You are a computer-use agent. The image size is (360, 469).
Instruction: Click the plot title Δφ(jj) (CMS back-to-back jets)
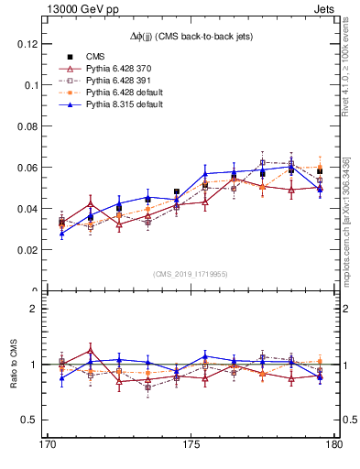tap(191, 36)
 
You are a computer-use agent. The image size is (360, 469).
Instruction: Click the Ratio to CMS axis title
tap(15, 365)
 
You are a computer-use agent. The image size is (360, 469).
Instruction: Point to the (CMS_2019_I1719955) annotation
tap(191, 273)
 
